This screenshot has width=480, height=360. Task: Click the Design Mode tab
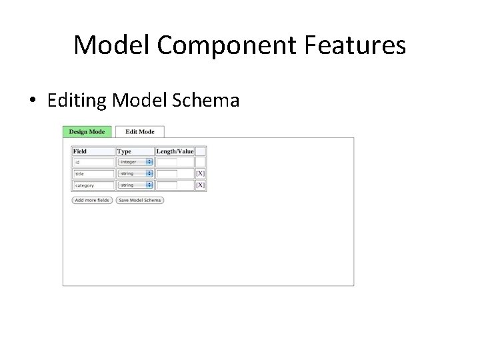click(x=87, y=132)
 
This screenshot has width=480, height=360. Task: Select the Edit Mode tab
click(x=139, y=132)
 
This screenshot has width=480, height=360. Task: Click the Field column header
click(x=80, y=151)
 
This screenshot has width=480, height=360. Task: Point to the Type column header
click(x=124, y=151)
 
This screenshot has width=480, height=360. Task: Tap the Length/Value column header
click(x=175, y=151)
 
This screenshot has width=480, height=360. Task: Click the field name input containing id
click(x=93, y=162)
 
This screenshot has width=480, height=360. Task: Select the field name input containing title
click(x=93, y=173)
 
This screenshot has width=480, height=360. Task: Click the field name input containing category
click(x=93, y=185)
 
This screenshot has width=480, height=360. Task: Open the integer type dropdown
click(x=135, y=162)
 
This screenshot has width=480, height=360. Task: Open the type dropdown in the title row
click(x=135, y=173)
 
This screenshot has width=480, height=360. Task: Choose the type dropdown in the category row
click(x=135, y=185)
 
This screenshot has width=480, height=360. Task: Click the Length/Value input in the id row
click(x=167, y=162)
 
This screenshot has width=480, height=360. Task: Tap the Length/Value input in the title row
click(x=167, y=173)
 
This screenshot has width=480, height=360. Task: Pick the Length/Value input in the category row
click(x=167, y=185)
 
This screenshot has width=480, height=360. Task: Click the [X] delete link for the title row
click(x=200, y=173)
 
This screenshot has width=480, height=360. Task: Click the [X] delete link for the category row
click(x=200, y=185)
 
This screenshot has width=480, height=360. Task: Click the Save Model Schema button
click(x=139, y=200)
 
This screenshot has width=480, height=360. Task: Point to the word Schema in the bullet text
click(x=206, y=101)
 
